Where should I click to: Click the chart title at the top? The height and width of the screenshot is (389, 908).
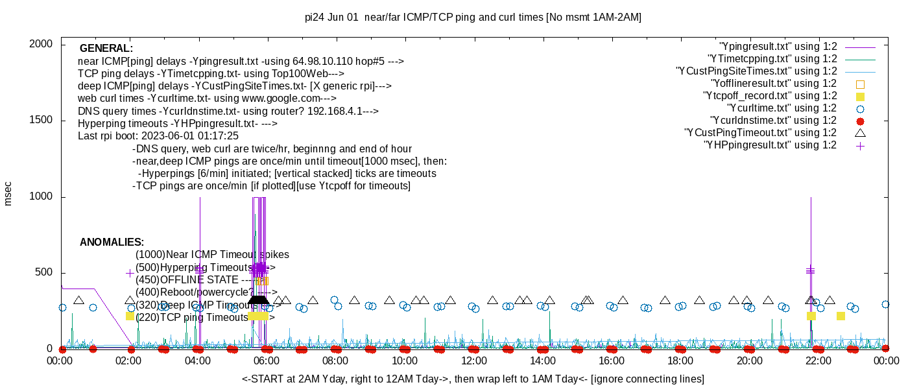pos(473,18)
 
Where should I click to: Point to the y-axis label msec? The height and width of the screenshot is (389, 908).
pos(8,193)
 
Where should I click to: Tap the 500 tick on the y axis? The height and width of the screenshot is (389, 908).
pos(44,272)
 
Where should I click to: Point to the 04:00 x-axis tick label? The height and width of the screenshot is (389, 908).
pos(198,360)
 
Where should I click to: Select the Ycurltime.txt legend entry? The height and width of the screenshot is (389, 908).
pos(782,108)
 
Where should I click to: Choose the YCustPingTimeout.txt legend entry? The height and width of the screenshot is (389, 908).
pos(760,133)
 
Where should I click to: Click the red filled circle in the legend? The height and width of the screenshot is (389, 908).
pos(860,121)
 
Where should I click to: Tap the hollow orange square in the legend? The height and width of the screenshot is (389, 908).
pos(860,84)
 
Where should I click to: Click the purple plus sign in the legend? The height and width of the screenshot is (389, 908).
pos(860,146)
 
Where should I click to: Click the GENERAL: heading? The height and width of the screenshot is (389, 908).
pos(106,49)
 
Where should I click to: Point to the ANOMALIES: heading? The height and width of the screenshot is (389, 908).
pos(112,242)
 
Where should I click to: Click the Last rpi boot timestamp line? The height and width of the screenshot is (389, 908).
pos(158,136)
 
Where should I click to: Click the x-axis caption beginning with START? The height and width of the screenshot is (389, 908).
pos(473,379)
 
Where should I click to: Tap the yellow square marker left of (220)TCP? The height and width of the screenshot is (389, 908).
pos(130,316)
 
